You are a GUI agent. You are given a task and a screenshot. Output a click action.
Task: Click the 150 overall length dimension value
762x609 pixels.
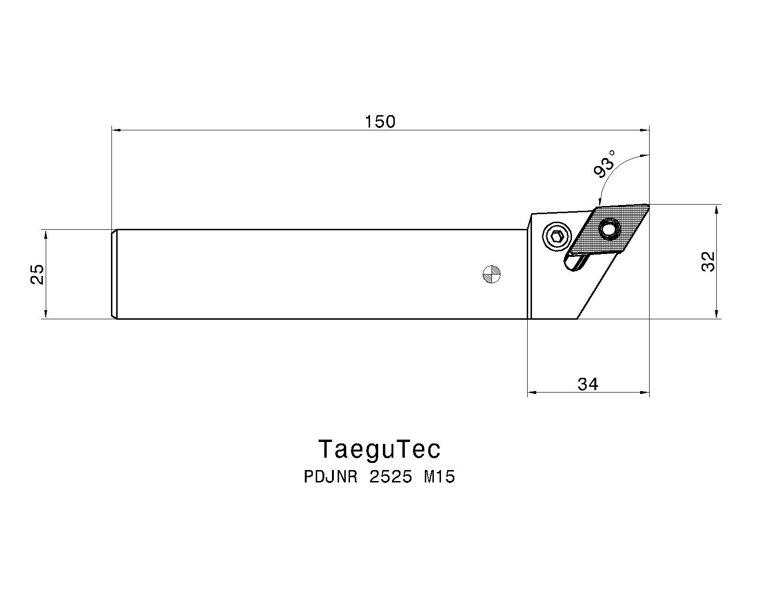380,122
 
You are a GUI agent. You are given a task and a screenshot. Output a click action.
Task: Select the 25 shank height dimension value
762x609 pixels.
37,274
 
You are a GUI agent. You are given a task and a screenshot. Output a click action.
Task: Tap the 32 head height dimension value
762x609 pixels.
708,261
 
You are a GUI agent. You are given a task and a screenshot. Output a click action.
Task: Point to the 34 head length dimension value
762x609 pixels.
588,383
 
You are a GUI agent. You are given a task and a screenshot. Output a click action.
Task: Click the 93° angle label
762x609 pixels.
605,164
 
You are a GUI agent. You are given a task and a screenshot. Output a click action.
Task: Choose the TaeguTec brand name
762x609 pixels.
380,449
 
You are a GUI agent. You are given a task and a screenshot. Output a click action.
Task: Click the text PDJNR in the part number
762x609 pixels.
331,477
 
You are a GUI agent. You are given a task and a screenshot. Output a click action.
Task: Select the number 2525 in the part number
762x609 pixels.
391,477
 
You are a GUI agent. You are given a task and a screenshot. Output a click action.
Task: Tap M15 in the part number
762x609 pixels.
440,477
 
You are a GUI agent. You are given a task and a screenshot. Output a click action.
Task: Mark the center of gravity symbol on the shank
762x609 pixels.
491,274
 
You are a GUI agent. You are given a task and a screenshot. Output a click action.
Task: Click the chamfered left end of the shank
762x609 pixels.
114,274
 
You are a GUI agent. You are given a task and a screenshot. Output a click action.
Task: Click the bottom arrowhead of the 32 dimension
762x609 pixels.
716,314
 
